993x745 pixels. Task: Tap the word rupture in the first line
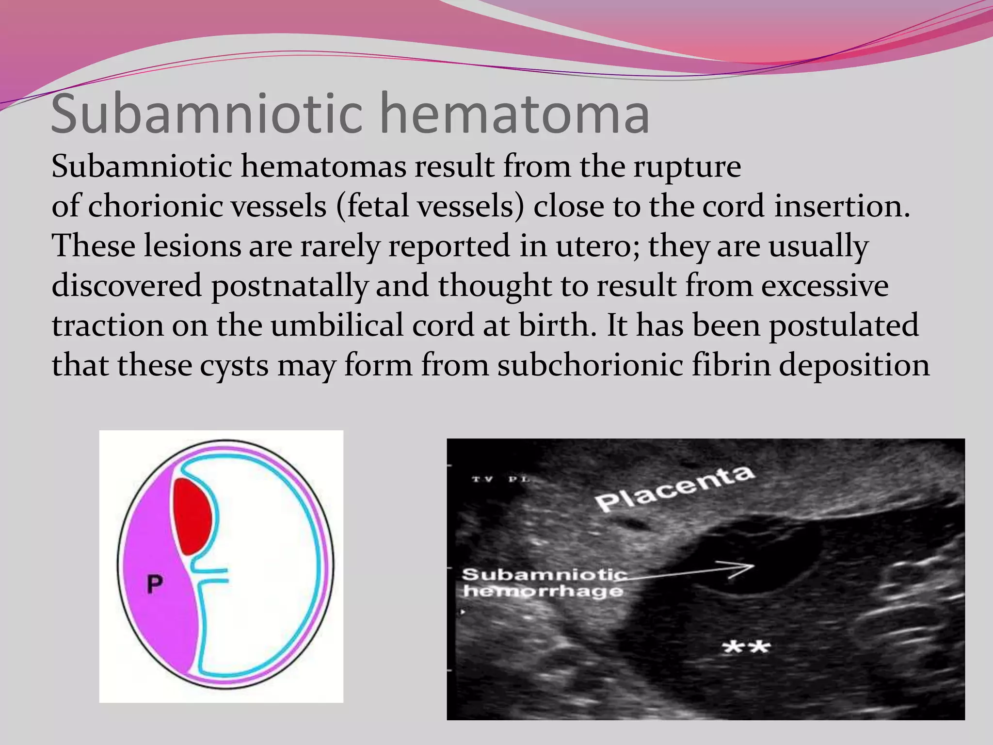[687, 167]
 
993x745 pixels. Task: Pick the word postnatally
[289, 286]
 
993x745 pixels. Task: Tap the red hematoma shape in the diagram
[192, 516]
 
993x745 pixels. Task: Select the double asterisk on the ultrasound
[746, 647]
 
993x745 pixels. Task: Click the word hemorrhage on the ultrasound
[543, 591]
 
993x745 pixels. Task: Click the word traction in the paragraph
[107, 325]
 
